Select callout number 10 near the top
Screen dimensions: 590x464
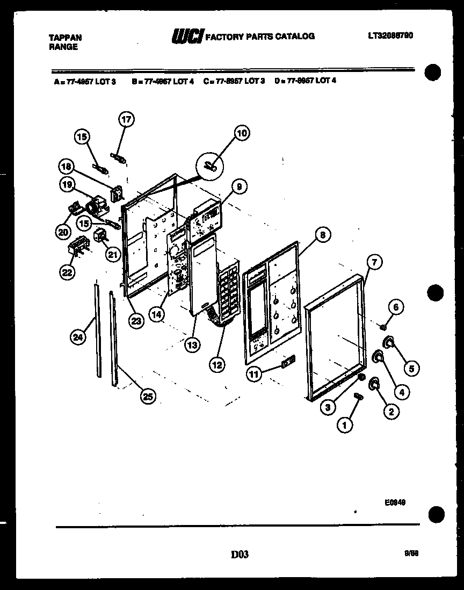pos(242,133)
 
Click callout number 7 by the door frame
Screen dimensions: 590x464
pos(374,262)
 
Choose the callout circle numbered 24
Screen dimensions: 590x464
pos(78,337)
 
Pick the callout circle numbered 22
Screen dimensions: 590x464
pos(66,272)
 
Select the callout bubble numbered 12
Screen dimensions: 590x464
pos(216,365)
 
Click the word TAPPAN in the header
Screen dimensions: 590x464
pos(65,37)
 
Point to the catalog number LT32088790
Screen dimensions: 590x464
pos(390,35)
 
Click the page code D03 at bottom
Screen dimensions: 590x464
pos(240,554)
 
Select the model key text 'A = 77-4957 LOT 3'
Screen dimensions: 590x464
pos(85,81)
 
